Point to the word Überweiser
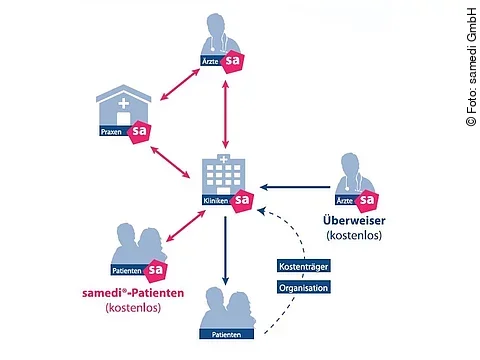[354, 220]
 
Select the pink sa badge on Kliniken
[242, 201]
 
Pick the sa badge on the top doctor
[233, 63]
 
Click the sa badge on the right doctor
[368, 200]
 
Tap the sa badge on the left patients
[155, 270]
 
